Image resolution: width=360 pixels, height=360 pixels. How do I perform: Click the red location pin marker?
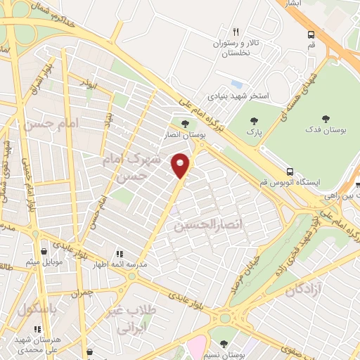[181, 166]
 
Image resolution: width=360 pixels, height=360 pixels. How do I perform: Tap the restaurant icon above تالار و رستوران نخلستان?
[236, 32]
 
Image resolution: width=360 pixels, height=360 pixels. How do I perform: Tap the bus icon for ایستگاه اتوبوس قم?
[290, 172]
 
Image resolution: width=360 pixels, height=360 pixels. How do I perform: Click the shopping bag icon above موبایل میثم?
[44, 251]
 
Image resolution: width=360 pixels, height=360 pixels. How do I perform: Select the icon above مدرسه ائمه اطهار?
[120, 253]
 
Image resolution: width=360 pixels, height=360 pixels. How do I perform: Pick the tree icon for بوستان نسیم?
[224, 343]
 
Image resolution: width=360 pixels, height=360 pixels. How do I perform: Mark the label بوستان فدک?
[325, 131]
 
